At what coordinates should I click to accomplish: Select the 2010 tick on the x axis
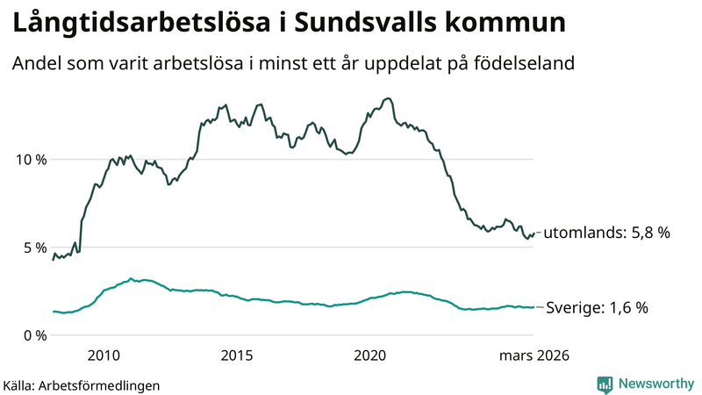pyautogui.click(x=104, y=355)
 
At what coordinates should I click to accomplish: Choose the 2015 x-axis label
pyautogui.click(x=236, y=355)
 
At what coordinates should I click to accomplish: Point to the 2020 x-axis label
pyautogui.click(x=369, y=355)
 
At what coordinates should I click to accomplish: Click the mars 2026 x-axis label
pyautogui.click(x=534, y=355)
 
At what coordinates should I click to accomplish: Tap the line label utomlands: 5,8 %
pyautogui.click(x=607, y=233)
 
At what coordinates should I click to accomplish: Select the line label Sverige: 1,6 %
pyautogui.click(x=598, y=308)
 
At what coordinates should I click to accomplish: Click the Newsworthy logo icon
pyautogui.click(x=605, y=384)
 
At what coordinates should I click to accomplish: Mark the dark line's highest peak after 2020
pyautogui.click(x=388, y=98)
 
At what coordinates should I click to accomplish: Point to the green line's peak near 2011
pyautogui.click(x=131, y=279)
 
